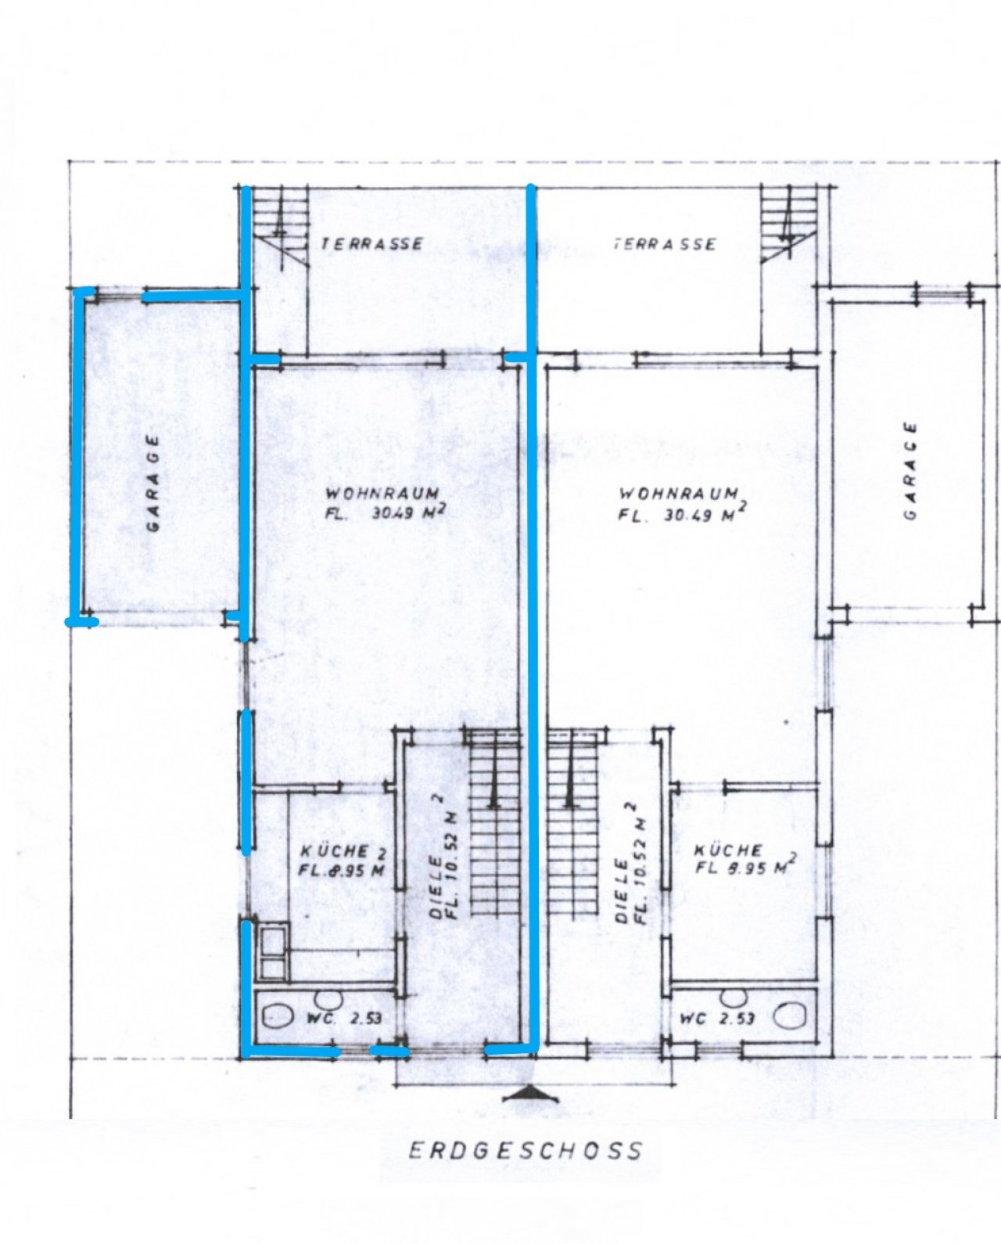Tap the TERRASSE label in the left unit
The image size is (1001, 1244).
[x=372, y=243]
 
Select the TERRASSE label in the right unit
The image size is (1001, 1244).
[x=664, y=244]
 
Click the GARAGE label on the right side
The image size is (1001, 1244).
[x=911, y=470]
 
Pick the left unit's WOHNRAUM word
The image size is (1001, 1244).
[x=382, y=494]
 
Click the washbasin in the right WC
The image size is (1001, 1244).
[x=733, y=999]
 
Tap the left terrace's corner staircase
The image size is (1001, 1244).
[x=280, y=229]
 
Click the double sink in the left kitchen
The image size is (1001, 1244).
[x=274, y=953]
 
